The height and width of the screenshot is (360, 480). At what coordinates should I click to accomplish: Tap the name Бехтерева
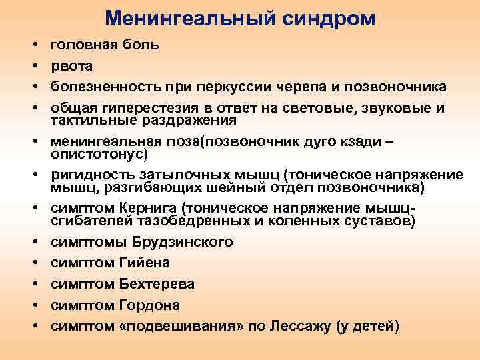(x=157, y=284)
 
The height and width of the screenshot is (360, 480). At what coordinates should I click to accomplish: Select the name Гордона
(x=149, y=305)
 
